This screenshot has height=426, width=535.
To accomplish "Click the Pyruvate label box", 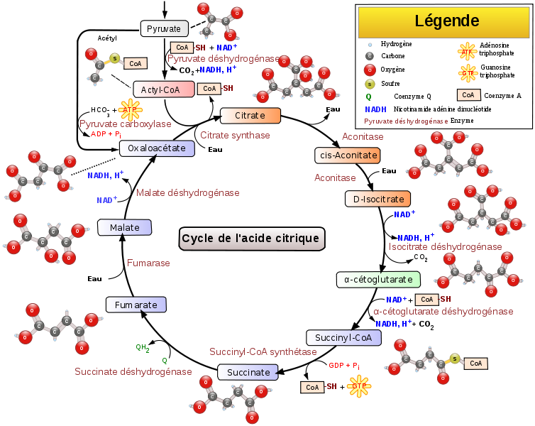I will [x=164, y=28].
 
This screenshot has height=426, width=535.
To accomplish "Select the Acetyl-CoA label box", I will [x=164, y=89].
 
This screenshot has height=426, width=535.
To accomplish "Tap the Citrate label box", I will [x=250, y=115].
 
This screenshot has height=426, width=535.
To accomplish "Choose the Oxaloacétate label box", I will [x=157, y=148].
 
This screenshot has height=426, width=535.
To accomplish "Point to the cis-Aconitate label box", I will [x=347, y=155].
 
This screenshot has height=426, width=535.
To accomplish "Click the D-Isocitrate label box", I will [x=378, y=199].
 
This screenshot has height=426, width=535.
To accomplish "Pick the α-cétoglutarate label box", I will [x=378, y=279].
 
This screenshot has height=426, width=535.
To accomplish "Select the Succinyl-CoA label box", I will [x=343, y=338].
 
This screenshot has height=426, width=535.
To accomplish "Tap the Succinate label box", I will [x=248, y=372].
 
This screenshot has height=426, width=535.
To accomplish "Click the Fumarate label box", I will [x=136, y=305].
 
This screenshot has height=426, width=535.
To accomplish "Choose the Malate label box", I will [x=125, y=227].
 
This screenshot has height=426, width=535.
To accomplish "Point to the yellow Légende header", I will [x=444, y=21].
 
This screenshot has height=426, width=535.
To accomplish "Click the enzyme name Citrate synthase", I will [x=235, y=135].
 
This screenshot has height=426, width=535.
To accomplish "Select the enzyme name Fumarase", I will [x=148, y=263].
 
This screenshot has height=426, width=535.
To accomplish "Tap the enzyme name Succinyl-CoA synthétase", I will [x=263, y=351].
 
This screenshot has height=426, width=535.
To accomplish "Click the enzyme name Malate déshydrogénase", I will [x=188, y=192].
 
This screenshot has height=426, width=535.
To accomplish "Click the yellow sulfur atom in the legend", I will [x=370, y=84].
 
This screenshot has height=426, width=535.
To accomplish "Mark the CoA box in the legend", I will [x=468, y=94].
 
